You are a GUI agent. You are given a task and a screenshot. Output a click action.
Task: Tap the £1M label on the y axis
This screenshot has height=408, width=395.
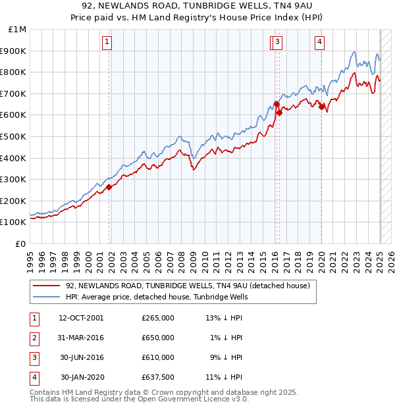(x=18, y=30)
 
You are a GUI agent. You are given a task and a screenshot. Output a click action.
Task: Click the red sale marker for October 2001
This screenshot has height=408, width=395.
(x=109, y=187)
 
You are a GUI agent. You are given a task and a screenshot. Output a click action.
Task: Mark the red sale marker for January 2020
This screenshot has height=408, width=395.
(x=321, y=107)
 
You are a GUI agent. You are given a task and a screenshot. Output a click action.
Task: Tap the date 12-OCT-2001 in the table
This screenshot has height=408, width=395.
(x=81, y=318)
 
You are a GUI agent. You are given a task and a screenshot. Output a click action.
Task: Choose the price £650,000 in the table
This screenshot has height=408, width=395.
(x=158, y=338)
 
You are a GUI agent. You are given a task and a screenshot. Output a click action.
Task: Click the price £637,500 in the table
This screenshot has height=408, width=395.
(x=158, y=377)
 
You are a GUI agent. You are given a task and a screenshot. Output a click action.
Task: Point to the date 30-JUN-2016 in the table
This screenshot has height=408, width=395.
(x=81, y=357)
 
